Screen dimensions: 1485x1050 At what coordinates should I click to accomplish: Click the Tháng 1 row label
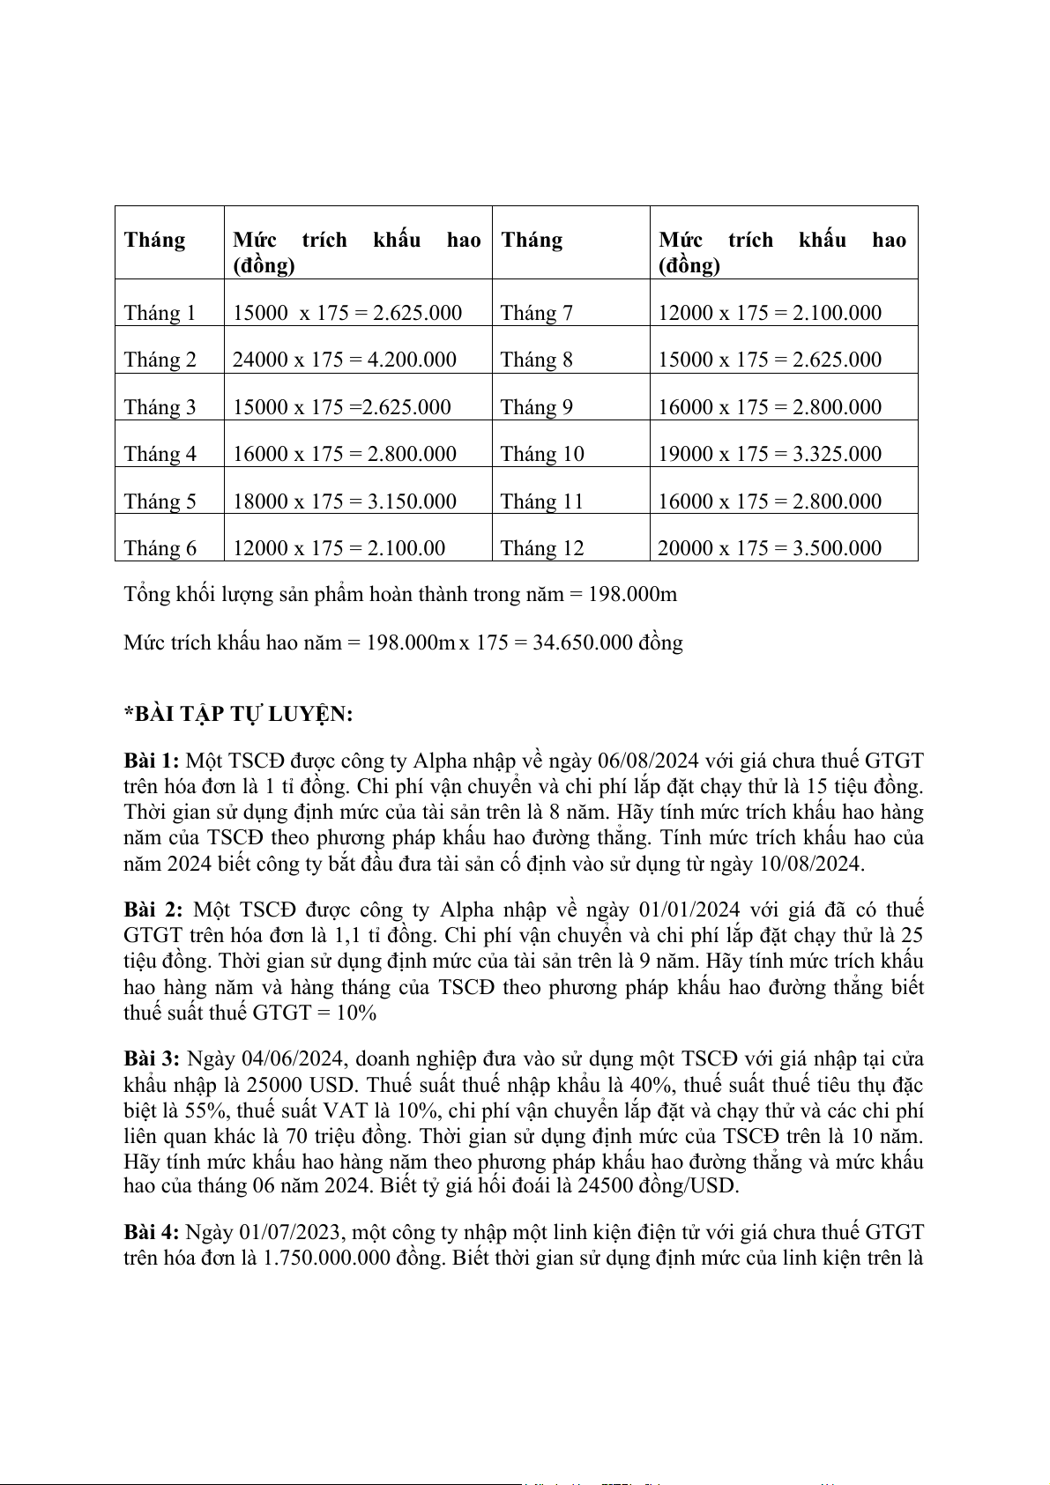160,313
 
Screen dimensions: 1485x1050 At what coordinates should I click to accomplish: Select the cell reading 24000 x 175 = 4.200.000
345,360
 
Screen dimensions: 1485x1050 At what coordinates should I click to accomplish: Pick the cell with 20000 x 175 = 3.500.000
770,548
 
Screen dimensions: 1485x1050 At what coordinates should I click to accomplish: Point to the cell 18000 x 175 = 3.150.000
345,501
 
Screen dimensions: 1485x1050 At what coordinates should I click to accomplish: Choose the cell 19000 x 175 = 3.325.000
770,454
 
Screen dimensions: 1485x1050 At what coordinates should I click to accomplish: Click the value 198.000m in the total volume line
632,595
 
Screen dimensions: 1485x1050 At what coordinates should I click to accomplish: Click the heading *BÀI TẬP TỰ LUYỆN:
238,714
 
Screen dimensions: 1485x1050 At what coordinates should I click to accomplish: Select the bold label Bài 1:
152,761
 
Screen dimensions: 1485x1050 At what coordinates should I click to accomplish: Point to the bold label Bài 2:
153,910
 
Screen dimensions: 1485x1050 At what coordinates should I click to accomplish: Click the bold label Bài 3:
152,1058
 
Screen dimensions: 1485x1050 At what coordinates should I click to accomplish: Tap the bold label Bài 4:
152,1231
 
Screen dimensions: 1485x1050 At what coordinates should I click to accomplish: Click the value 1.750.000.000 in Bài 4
327,1257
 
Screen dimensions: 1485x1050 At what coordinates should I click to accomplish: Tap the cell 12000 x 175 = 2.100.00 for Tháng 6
339,548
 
